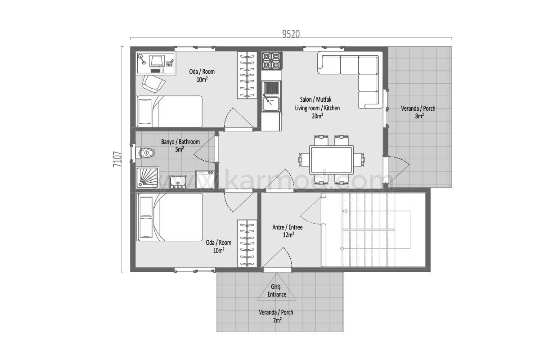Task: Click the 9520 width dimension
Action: (x=291, y=34)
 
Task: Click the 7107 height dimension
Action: (x=117, y=159)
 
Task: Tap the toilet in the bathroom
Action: (x=147, y=153)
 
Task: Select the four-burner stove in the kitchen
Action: (x=272, y=60)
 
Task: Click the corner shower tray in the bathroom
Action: (x=147, y=178)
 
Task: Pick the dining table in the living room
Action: (x=332, y=159)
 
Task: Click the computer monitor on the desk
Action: (x=157, y=60)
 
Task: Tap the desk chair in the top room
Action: (x=153, y=83)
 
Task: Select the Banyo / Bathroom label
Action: (x=180, y=142)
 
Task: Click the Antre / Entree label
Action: (x=288, y=227)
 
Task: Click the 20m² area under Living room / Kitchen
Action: (x=317, y=116)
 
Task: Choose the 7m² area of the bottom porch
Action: (x=277, y=320)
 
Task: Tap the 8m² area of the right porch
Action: (x=419, y=116)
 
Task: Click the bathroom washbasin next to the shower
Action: (x=178, y=182)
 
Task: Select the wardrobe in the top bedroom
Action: (x=247, y=75)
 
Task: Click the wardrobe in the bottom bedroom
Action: (x=247, y=243)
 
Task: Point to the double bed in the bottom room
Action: (x=170, y=217)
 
